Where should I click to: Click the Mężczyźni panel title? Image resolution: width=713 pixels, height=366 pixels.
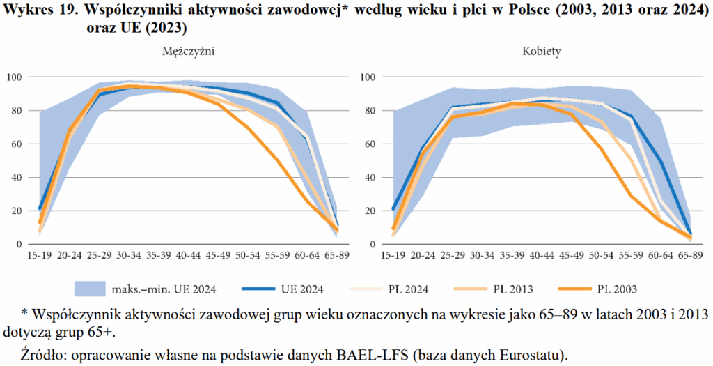[188, 52]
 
